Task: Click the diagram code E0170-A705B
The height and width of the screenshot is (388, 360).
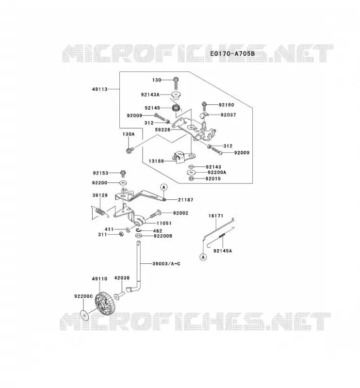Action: [x=232, y=53]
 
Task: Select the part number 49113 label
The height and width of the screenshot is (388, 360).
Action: [x=99, y=89]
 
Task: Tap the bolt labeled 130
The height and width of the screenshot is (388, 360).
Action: [x=176, y=83]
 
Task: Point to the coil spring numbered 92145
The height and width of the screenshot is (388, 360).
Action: [x=176, y=108]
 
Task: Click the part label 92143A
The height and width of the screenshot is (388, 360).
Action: [x=150, y=95]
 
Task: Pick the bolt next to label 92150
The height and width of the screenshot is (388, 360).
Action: [x=204, y=106]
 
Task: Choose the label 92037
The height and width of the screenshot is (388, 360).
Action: [x=229, y=115]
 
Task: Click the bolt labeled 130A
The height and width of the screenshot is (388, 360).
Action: [x=130, y=150]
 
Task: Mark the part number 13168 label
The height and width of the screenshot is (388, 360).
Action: [x=156, y=161]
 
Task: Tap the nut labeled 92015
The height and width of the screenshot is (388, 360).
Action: [x=191, y=178]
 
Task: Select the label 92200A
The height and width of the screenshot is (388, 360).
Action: [x=217, y=173]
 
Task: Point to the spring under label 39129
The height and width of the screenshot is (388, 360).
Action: [x=99, y=212]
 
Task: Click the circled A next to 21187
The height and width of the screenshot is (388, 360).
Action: [x=164, y=187]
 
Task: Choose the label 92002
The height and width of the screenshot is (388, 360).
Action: [x=180, y=213]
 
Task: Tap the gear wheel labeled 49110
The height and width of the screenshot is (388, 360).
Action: [x=103, y=304]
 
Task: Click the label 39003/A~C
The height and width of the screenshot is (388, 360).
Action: [x=166, y=264]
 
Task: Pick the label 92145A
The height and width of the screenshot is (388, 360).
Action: [x=223, y=251]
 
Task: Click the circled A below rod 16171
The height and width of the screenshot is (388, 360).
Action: [x=203, y=257]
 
